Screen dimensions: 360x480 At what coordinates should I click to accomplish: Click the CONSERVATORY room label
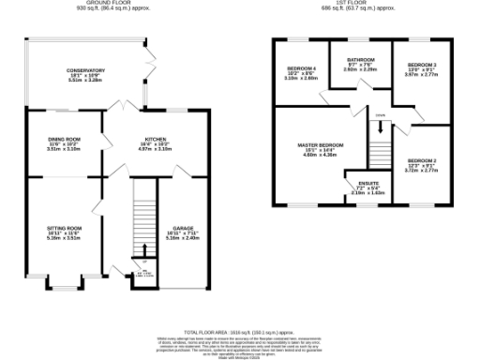85,70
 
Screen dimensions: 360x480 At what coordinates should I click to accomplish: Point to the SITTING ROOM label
66,228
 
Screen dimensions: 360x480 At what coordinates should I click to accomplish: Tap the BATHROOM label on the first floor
360,59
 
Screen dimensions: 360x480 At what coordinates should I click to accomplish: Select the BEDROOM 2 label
422,160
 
